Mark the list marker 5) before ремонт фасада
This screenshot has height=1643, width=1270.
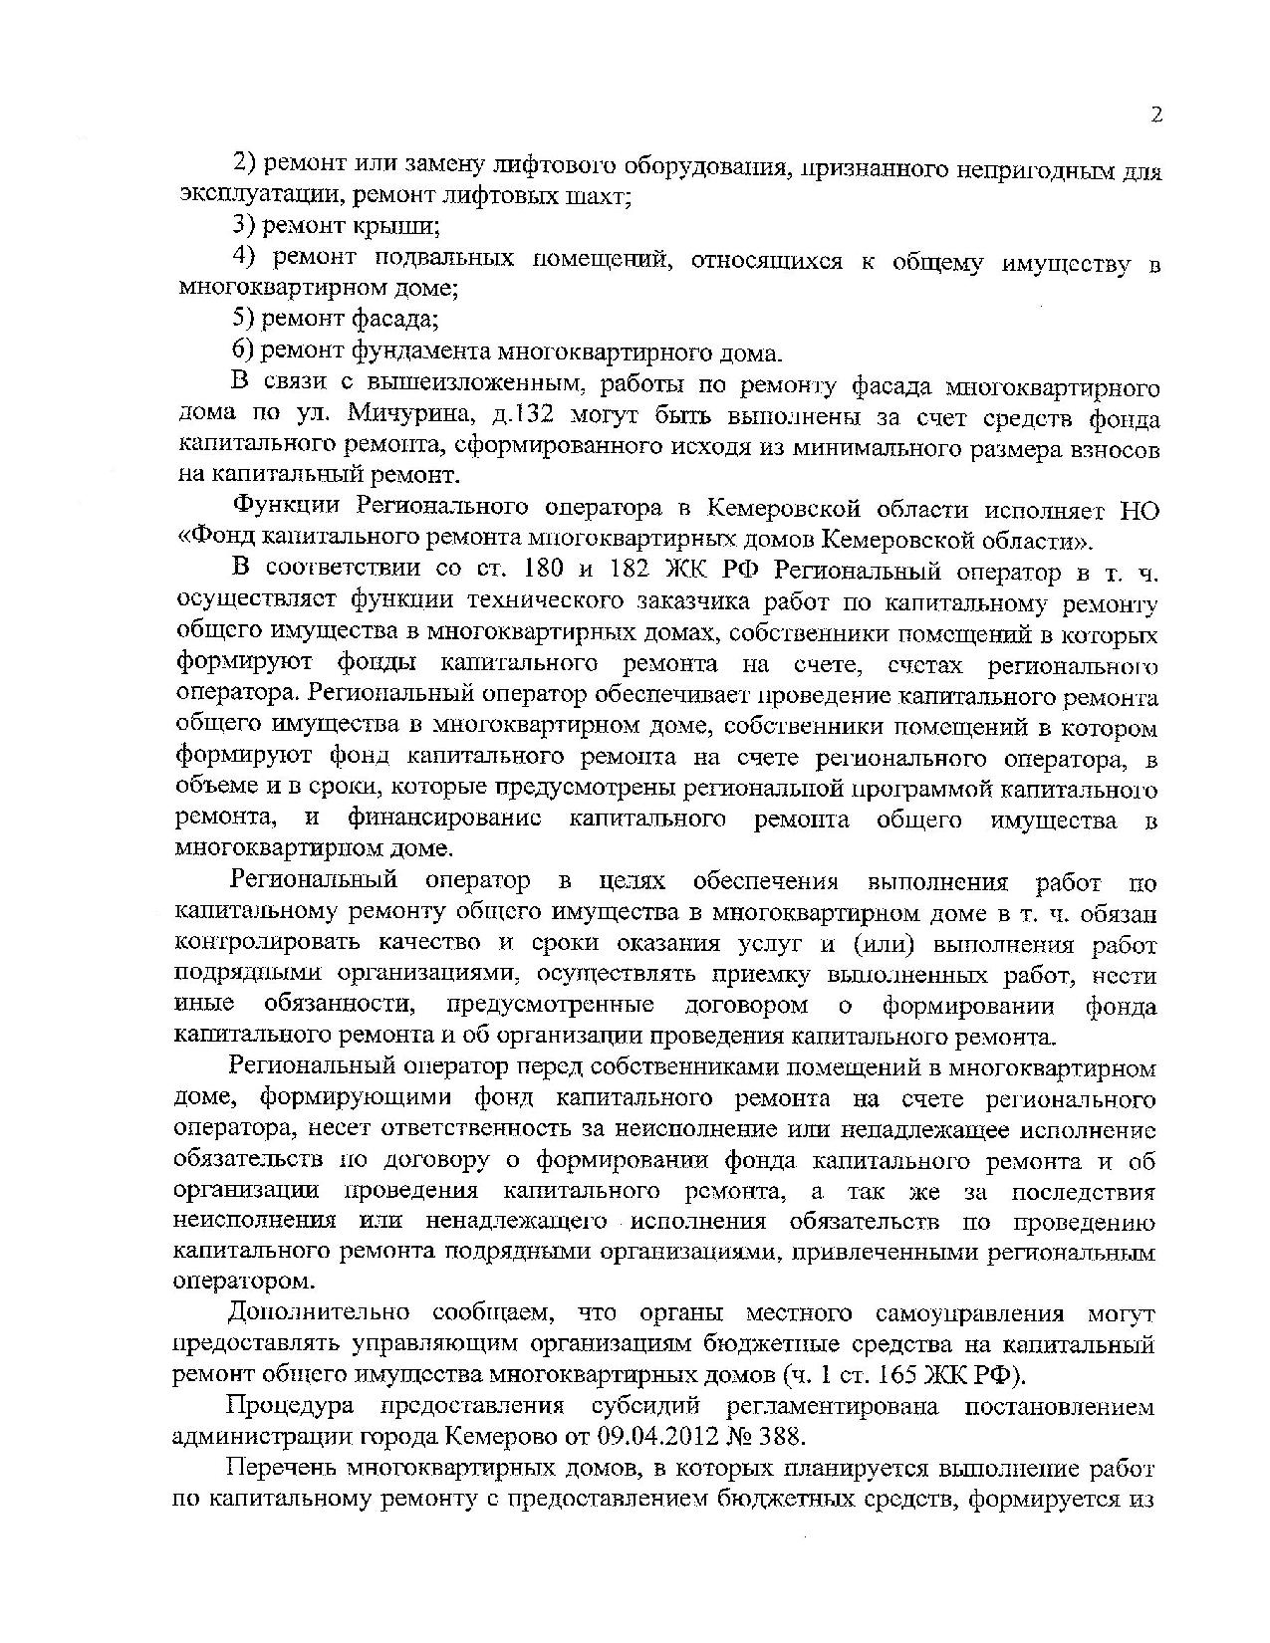pyautogui.click(x=245, y=320)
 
